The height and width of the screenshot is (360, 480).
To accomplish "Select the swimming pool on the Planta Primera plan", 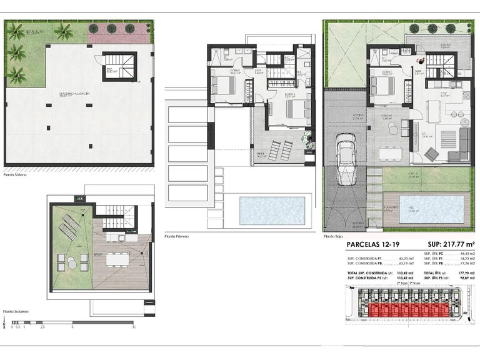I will [272, 211].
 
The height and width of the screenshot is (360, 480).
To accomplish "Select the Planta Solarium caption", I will [17, 311].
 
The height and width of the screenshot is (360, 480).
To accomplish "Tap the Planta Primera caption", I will [177, 237].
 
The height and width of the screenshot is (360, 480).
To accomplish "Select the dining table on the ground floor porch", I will [391, 152].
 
